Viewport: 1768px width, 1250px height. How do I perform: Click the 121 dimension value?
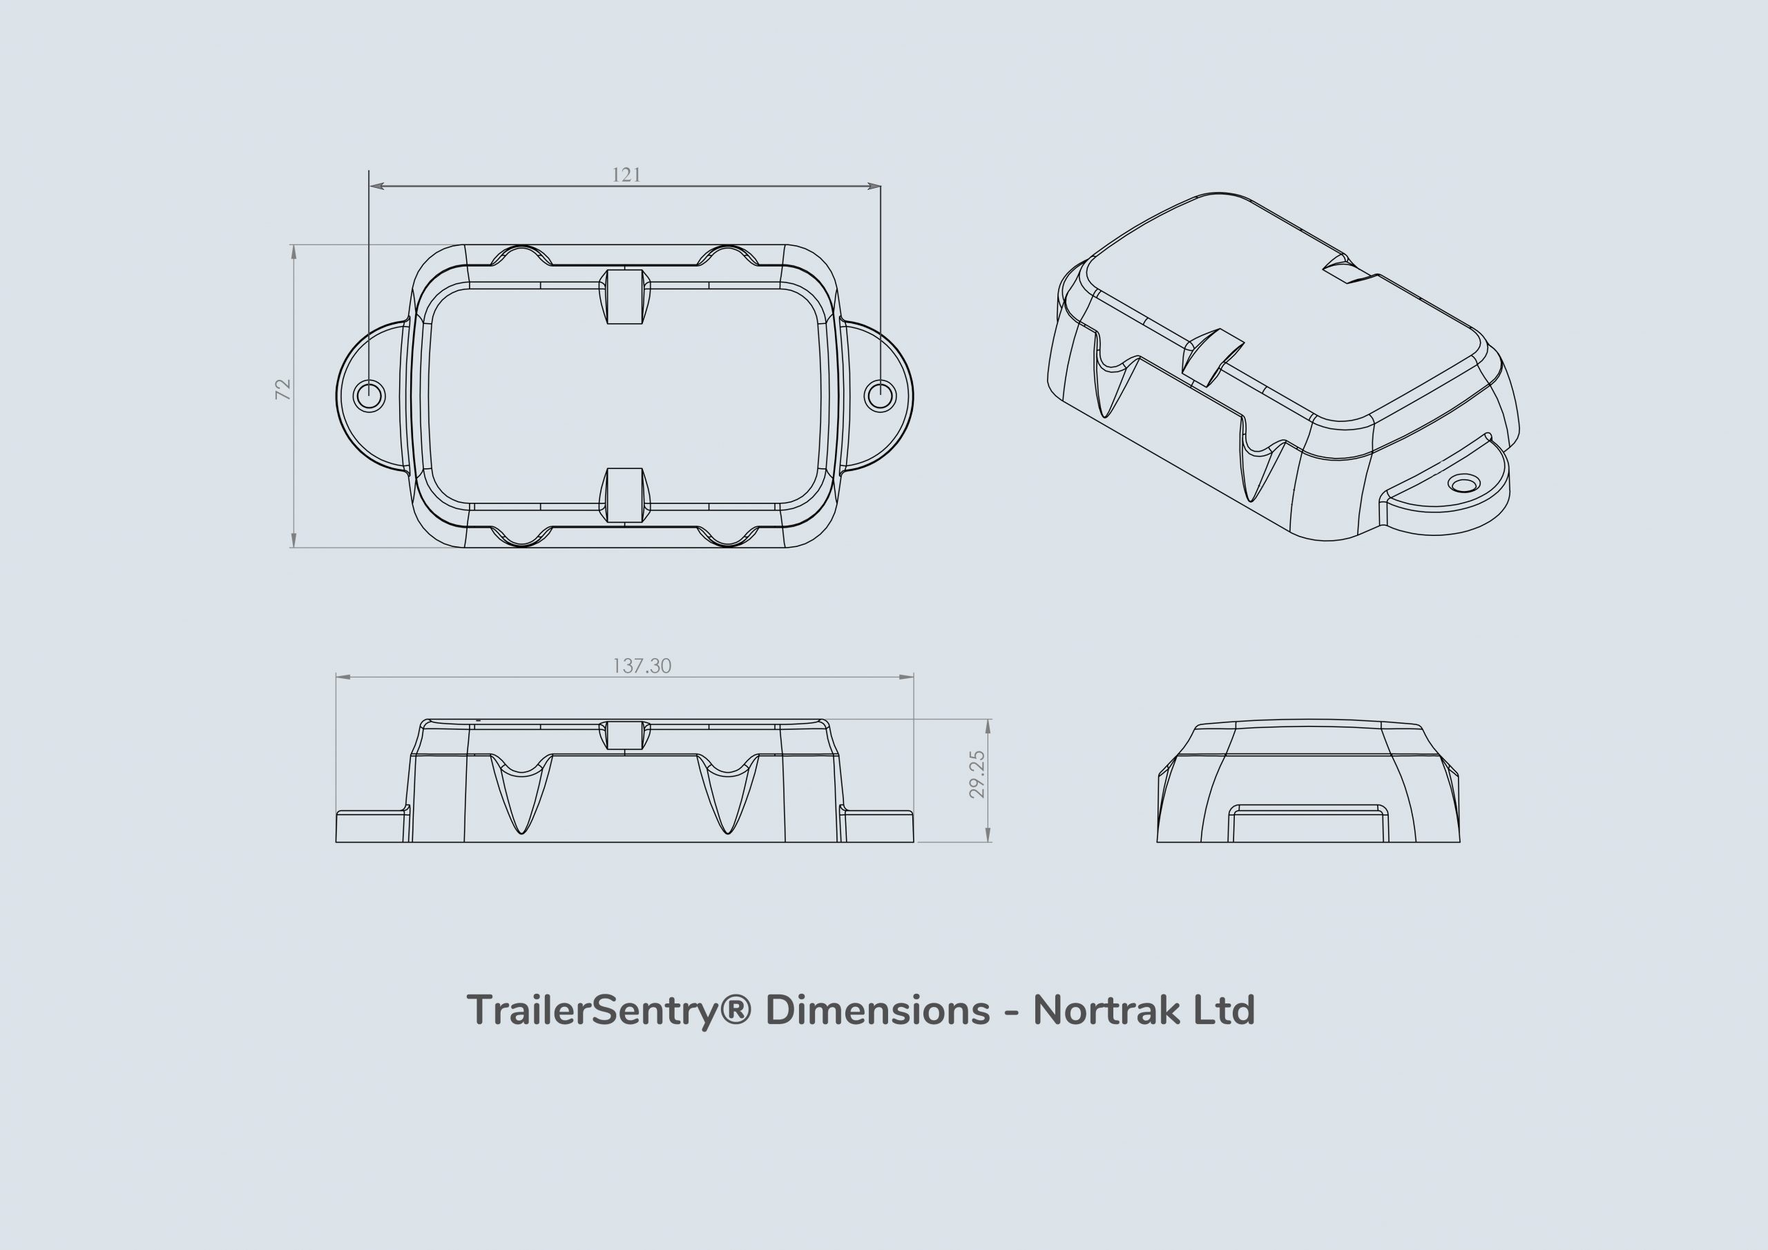coord(626,175)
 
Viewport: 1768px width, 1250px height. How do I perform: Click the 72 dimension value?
coord(283,389)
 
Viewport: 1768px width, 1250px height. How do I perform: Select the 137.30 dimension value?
coord(642,666)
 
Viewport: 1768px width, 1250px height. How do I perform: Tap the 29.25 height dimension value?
coord(977,774)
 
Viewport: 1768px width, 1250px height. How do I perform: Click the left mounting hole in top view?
coord(369,396)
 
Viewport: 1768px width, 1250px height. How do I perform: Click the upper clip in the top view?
coord(624,296)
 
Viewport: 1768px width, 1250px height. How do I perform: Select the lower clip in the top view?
coord(624,494)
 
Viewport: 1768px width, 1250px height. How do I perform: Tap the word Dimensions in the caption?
coord(878,1010)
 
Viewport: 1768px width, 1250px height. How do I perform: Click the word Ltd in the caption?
coord(1224,1010)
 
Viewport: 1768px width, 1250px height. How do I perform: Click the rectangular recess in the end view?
coord(1308,824)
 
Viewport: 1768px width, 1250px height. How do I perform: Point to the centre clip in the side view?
coord(624,735)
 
